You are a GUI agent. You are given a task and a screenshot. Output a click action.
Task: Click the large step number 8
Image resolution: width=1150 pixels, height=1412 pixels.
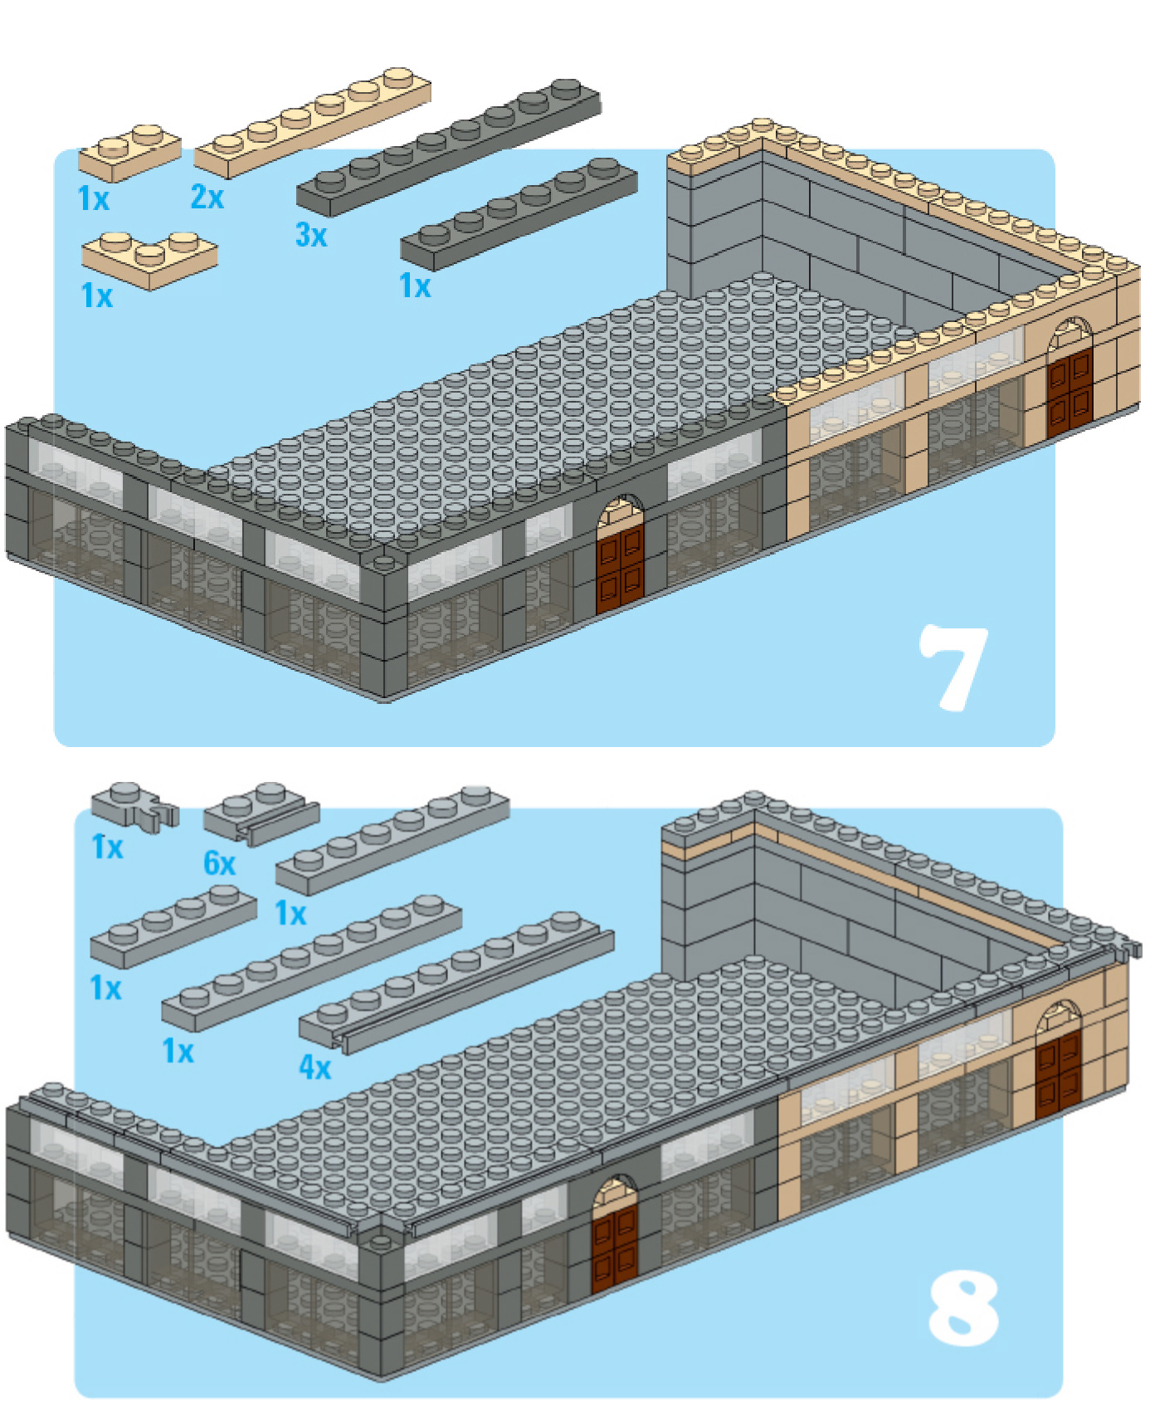coord(962,1309)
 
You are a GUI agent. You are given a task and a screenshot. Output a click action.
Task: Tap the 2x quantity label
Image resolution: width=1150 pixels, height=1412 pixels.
coord(207,197)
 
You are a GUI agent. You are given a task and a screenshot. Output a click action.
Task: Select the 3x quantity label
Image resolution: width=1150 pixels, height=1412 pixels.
coord(311,235)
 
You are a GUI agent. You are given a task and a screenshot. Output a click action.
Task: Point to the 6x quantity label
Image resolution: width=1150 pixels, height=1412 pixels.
coord(220,863)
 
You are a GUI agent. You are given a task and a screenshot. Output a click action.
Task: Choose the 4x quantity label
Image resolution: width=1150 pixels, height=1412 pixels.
coord(315,1067)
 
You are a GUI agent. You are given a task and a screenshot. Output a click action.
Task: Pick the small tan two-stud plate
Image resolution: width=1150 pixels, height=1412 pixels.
coord(130,153)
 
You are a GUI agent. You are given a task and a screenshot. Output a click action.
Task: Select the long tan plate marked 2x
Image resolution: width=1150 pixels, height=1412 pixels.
coord(313,122)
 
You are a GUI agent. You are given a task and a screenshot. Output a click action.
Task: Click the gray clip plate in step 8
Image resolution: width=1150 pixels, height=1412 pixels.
coord(134,804)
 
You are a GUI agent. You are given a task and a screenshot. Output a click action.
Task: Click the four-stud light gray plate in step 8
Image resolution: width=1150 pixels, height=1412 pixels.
coord(173,926)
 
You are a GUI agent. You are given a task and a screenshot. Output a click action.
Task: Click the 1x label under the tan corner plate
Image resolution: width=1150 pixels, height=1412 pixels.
coord(96,296)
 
